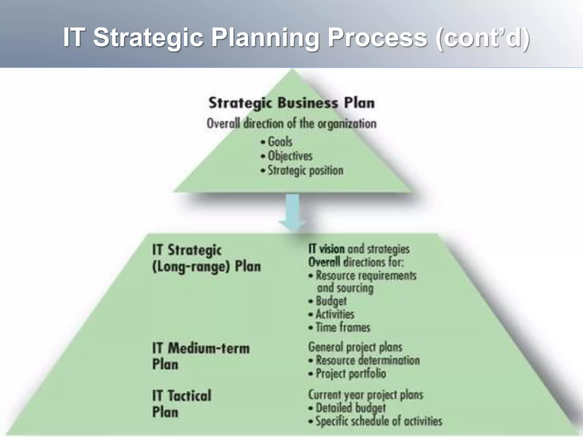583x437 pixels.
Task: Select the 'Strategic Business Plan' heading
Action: pos(291,103)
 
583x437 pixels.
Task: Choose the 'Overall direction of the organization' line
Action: pos(291,124)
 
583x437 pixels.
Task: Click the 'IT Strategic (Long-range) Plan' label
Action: pos(206,258)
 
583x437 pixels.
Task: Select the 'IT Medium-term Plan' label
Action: pos(200,356)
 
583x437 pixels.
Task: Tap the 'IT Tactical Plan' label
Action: pos(182,403)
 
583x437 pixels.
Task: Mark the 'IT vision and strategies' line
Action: pos(359,249)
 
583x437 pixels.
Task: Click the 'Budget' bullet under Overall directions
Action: pos(331,301)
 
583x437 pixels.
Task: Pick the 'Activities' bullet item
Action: pos(335,314)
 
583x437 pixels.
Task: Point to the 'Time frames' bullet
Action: pos(343,327)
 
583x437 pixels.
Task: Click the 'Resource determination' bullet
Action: pos(368,360)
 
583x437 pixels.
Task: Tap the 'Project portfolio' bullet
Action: pos(351,374)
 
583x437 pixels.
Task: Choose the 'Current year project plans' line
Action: pos(366,395)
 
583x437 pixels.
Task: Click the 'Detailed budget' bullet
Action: pos(350,408)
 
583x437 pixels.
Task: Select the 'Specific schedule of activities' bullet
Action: pos(379,421)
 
